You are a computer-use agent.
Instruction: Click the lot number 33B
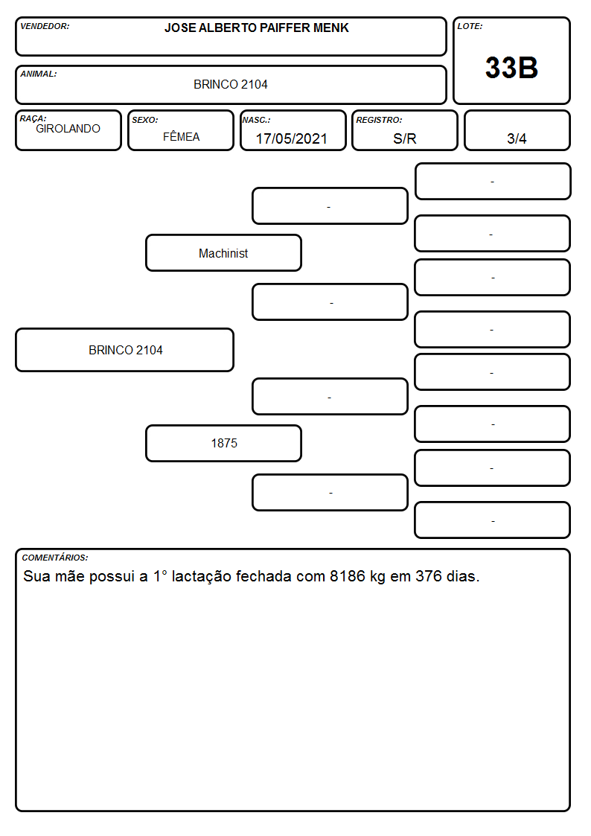tap(511, 68)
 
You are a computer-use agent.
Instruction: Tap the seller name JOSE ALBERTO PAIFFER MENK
tap(256, 28)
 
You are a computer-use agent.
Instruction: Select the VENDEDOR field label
tap(45, 26)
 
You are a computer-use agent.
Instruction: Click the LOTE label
tap(470, 26)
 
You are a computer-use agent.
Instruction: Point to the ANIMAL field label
tap(39, 74)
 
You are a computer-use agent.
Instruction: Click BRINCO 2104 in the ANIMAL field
tap(230, 84)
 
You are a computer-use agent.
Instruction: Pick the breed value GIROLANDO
tap(68, 129)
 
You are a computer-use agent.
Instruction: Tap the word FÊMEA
tap(181, 136)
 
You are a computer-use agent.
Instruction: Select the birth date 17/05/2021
tap(292, 138)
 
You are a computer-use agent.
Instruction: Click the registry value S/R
tap(404, 138)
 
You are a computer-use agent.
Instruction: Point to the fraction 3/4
tap(517, 138)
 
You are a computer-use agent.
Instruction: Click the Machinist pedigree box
tap(223, 252)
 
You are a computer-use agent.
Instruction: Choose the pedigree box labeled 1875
tap(223, 443)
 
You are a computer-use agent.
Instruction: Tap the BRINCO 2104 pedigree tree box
tap(125, 350)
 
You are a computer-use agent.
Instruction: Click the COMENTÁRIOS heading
tap(55, 558)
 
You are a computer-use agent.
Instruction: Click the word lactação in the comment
tap(202, 577)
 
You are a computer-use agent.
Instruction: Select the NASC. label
tap(256, 121)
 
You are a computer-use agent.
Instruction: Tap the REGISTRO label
tap(379, 121)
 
